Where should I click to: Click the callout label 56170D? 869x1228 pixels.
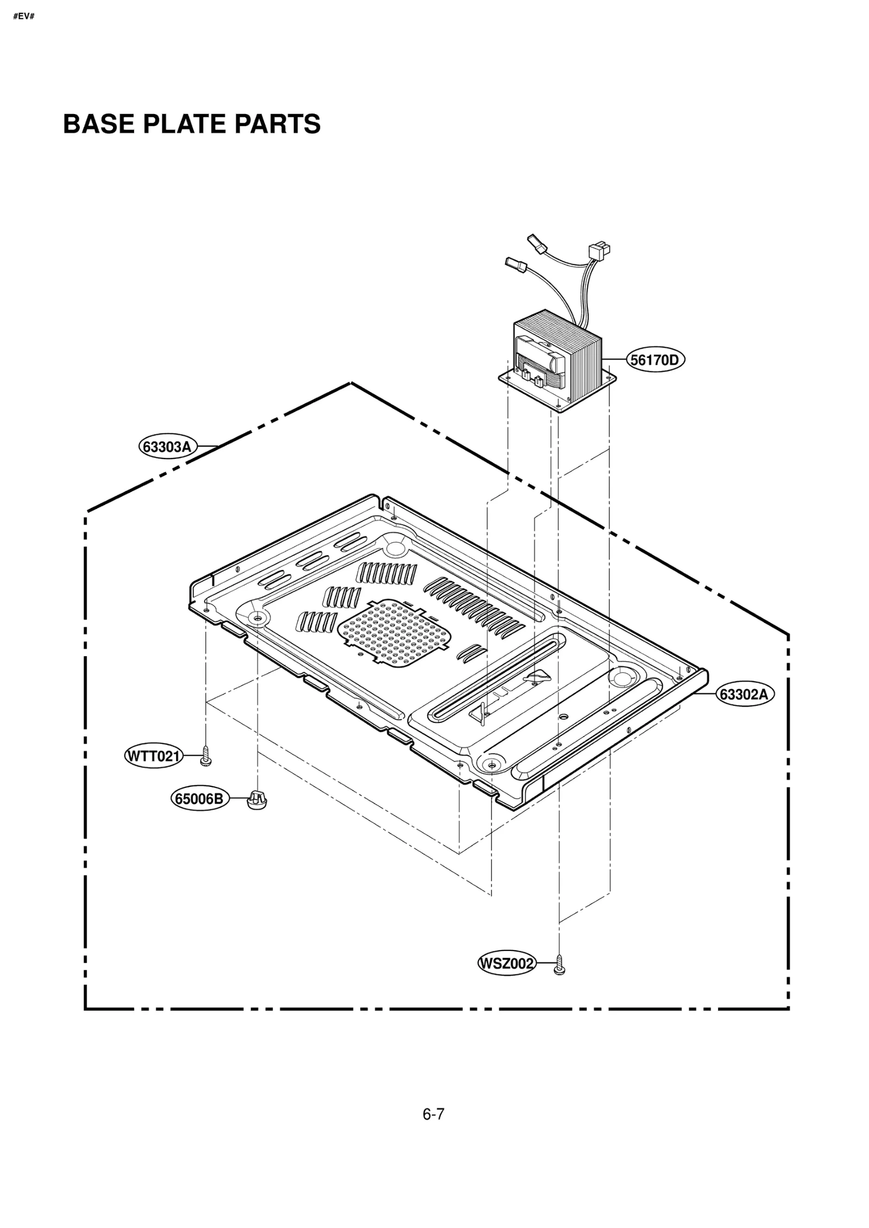pyautogui.click(x=655, y=360)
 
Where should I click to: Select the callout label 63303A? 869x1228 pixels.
pyautogui.click(x=167, y=446)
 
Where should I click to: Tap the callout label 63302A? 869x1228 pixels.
pyautogui.click(x=745, y=694)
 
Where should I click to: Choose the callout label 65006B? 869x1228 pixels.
pyautogui.click(x=199, y=799)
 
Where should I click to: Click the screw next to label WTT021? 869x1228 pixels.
pyautogui.click(x=205, y=755)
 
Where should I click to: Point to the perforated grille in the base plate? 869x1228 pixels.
pyautogui.click(x=394, y=633)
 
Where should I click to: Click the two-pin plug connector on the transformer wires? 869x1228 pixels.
pyautogui.click(x=599, y=251)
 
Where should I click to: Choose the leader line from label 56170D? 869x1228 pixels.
pyautogui.click(x=614, y=359)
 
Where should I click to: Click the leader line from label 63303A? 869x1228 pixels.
pyautogui.click(x=207, y=446)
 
